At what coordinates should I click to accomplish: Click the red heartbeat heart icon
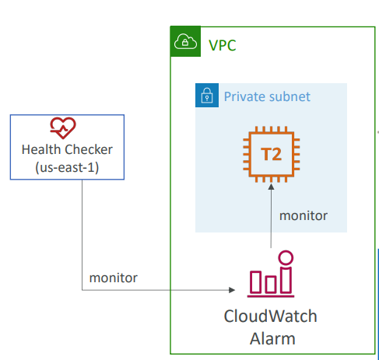[63, 128]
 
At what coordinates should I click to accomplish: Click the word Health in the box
[41, 149]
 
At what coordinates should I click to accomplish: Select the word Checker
[89, 149]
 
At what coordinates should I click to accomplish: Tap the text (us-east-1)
[67, 167]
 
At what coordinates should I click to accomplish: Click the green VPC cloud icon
[185, 41]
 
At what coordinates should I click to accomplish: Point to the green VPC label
[223, 45]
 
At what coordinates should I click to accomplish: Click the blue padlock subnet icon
[207, 95]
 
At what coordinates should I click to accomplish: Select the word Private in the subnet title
[244, 96]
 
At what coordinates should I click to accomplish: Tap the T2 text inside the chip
[271, 155]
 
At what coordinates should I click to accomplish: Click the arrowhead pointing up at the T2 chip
[271, 187]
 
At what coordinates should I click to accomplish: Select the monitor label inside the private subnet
[304, 215]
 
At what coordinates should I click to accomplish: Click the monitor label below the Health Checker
[114, 278]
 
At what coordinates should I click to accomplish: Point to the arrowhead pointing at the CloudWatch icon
[232, 290]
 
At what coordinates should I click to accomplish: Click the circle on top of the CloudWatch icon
[286, 257]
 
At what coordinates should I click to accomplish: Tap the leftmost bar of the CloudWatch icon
[255, 282]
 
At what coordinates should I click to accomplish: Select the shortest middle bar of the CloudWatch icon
[271, 285]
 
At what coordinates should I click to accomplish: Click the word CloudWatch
[271, 316]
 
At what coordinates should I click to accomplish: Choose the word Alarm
[272, 338]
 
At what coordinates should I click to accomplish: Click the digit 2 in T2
[277, 155]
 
